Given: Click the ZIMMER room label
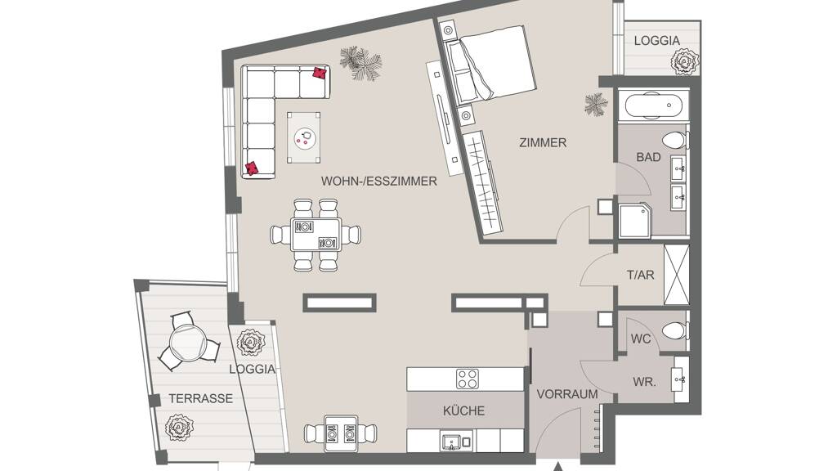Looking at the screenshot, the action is click(x=543, y=142).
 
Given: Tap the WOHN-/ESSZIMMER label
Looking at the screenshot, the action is click(x=379, y=181).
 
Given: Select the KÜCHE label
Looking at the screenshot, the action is click(x=464, y=410).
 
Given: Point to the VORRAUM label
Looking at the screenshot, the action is click(x=567, y=394).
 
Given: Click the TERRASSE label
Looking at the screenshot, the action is click(x=201, y=398).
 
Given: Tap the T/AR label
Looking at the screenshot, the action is click(x=640, y=275).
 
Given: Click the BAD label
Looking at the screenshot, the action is click(x=648, y=157).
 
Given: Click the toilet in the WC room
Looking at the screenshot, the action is click(x=674, y=330).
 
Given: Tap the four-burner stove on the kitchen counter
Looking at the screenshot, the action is click(x=467, y=379).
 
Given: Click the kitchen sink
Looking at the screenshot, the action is click(x=451, y=442).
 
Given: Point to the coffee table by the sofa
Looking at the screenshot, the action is click(x=304, y=137).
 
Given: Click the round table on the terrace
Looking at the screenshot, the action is click(x=187, y=343).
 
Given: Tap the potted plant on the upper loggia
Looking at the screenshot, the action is click(x=685, y=61).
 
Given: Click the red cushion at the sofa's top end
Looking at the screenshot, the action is click(x=320, y=73).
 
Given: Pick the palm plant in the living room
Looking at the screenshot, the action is click(x=360, y=62).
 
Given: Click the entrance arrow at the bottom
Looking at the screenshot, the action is click(x=557, y=467).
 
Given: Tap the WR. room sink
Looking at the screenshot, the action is click(x=680, y=379).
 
